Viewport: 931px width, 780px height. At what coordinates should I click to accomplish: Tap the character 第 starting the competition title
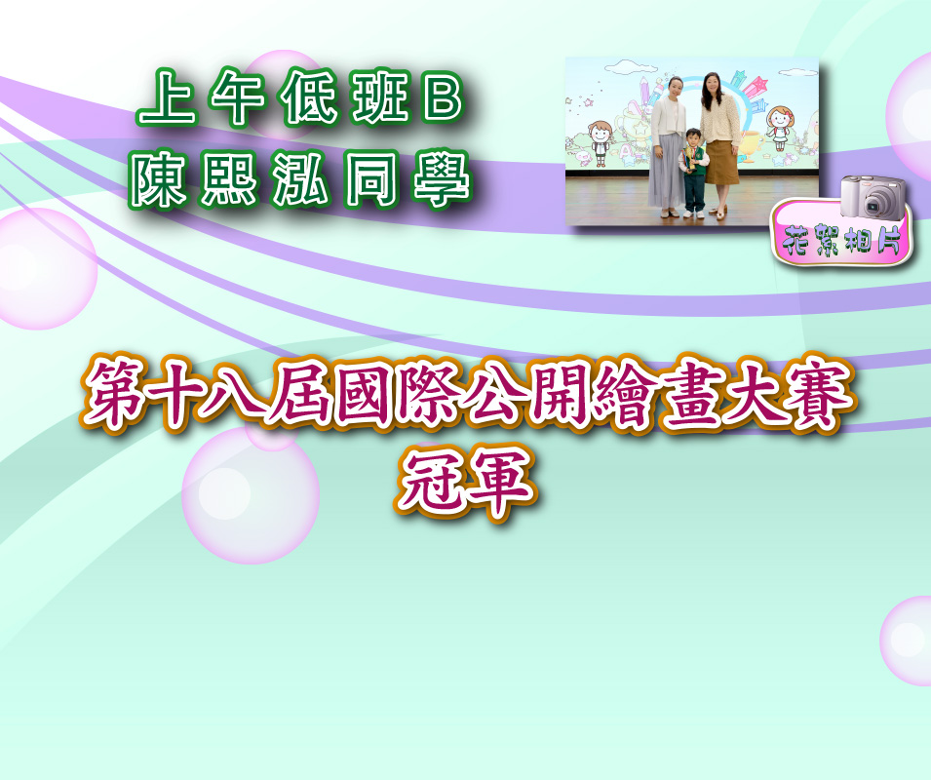pos(116,393)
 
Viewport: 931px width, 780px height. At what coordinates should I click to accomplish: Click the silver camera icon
pos(873,197)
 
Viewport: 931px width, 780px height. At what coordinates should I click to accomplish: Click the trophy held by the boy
pos(689,158)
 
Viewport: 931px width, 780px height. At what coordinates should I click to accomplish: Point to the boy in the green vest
pos(693,172)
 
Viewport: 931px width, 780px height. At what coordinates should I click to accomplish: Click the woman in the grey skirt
pos(668,146)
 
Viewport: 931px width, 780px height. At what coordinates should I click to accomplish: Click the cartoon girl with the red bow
pos(779,127)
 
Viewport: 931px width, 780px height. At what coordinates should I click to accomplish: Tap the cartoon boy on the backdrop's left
pos(600,143)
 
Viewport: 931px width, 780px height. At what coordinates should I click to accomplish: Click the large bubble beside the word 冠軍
pos(251,495)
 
